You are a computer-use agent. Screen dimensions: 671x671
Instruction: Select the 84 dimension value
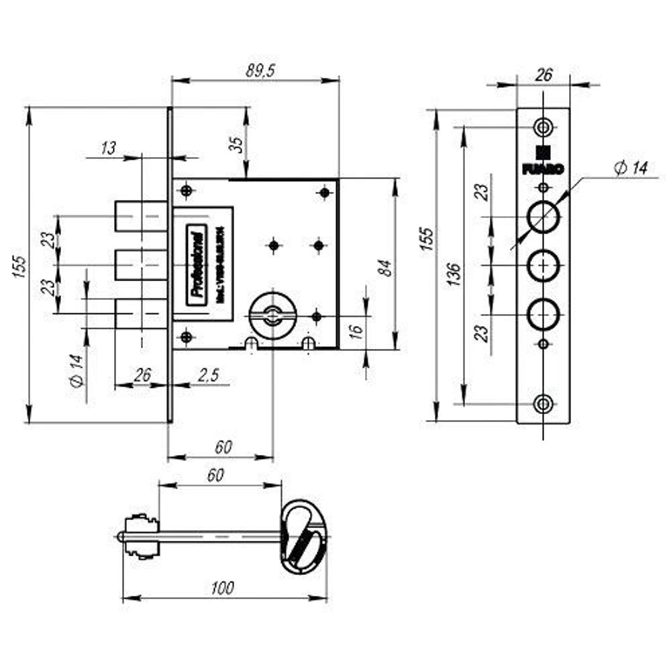(384, 267)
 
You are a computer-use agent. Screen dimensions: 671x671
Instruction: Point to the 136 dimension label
(453, 274)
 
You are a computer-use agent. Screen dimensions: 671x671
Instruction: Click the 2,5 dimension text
(208, 376)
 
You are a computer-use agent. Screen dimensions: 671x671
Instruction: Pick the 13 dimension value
(108, 148)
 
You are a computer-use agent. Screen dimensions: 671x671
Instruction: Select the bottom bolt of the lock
(140, 313)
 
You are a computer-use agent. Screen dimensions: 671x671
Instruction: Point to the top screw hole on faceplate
(544, 126)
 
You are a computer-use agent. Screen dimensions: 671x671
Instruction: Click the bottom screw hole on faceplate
(544, 403)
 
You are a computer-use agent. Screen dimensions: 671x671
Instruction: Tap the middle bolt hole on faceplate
(544, 266)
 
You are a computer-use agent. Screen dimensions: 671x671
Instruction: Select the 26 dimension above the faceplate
(544, 74)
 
